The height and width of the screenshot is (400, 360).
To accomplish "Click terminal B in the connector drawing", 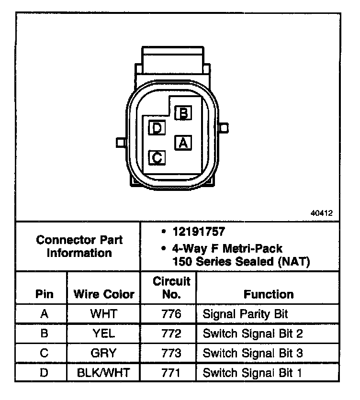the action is pos(183,113).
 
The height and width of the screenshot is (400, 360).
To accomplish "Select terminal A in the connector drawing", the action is pos(183,142).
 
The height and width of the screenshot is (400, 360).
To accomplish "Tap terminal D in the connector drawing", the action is pos(157,128).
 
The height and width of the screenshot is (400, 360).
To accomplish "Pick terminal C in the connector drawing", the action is pos(157,157).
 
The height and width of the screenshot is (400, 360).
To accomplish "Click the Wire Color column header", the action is pos(103,294).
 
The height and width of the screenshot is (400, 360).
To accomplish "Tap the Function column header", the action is pos(269,294).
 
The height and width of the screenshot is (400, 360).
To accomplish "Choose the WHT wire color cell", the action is pos(103,314).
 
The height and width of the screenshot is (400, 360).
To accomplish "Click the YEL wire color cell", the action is pos(103,333).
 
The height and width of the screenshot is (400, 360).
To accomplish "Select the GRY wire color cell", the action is pos(103,353).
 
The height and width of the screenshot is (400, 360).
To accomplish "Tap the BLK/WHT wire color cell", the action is pos(103,373).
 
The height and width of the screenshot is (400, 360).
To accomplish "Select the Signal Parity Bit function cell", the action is pos(246,314).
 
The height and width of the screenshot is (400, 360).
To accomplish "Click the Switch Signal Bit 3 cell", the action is pos(253,353).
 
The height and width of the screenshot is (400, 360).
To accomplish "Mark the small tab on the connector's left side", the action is pos(121,142).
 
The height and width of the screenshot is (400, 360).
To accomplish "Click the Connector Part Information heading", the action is pos(79,246).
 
